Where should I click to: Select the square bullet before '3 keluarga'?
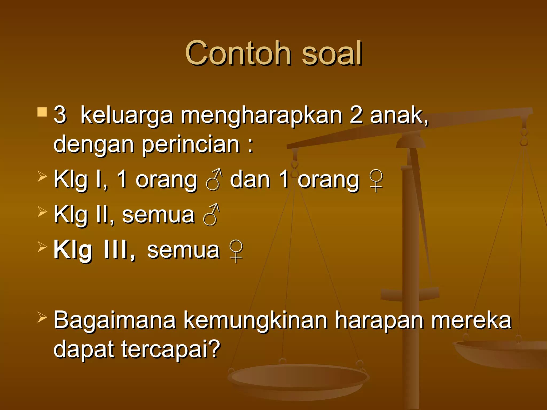(42, 112)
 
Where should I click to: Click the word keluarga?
(127, 115)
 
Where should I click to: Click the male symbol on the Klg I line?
(214, 179)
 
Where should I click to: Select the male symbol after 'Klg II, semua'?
(211, 215)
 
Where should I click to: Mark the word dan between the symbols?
(250, 179)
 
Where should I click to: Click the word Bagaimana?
(115, 320)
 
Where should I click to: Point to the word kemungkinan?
(255, 320)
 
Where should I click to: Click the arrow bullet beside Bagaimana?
(42, 317)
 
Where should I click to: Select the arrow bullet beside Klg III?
(42, 246)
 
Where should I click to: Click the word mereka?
(471, 320)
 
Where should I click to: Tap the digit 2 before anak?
(356, 115)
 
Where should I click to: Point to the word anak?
(398, 115)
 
